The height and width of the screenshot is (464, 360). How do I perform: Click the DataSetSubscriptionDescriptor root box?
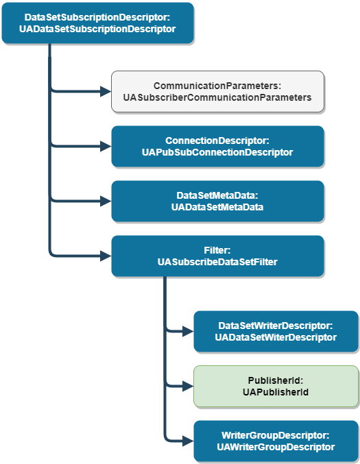click(x=98, y=23)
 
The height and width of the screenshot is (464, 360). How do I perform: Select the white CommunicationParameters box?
click(x=217, y=92)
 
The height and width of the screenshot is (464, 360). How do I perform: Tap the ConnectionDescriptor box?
click(x=217, y=147)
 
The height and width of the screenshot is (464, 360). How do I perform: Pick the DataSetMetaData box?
click(x=217, y=201)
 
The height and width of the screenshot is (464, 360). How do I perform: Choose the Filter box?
click(x=217, y=256)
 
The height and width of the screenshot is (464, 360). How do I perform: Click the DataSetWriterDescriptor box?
click(x=276, y=331)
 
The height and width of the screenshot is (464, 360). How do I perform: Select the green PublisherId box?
click(x=276, y=386)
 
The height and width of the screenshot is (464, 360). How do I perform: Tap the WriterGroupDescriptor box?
click(x=276, y=441)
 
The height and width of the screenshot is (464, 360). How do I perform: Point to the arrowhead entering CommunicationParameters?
click(x=106, y=91)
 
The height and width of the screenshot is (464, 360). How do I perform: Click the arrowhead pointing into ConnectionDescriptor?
click(x=106, y=146)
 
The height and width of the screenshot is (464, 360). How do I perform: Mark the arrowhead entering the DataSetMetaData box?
click(x=106, y=201)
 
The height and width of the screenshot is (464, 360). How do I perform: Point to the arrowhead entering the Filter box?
click(x=106, y=256)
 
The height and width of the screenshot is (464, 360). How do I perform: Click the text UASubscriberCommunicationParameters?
click(x=217, y=98)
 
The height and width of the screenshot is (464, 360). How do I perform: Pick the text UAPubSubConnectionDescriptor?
click(x=217, y=152)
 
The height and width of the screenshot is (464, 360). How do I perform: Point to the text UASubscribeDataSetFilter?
click(x=217, y=262)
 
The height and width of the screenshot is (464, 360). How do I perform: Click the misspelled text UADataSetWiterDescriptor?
click(x=276, y=337)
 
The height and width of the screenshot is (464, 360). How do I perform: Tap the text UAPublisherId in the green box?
click(x=276, y=392)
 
